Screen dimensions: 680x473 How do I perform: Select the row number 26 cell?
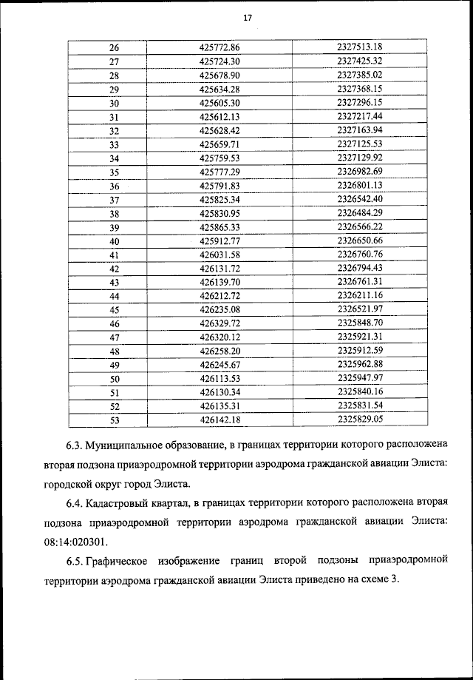click(114, 47)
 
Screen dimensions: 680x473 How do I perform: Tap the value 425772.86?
click(220, 47)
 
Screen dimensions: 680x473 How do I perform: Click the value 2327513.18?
click(358, 47)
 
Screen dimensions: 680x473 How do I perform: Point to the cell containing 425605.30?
click(220, 103)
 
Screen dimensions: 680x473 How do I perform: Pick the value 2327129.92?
click(358, 158)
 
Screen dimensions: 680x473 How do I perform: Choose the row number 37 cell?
click(114, 200)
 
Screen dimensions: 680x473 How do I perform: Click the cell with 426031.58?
click(220, 255)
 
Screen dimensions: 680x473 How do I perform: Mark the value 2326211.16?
click(358, 296)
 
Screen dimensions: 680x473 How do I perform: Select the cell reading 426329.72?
click(220, 324)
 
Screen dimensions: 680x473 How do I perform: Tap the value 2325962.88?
click(358, 365)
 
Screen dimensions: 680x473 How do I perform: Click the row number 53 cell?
click(114, 420)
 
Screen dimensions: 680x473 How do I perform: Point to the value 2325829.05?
click(358, 420)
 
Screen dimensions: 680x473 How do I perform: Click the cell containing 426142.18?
click(220, 420)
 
